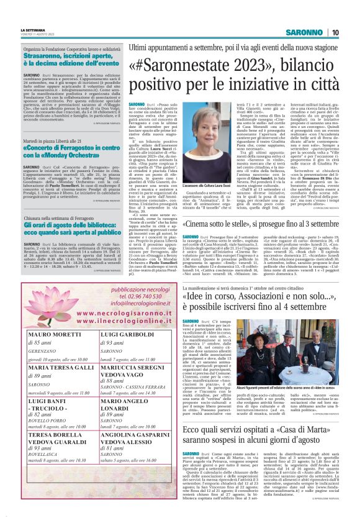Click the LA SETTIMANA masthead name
[33, 30]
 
